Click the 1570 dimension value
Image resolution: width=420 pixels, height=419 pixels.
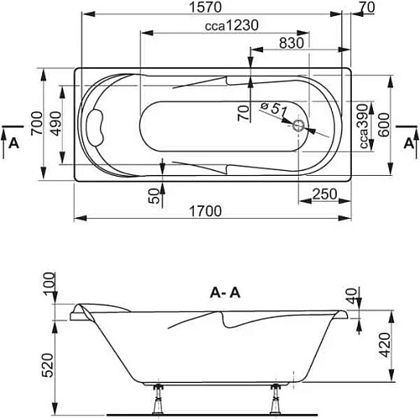coord(206,8)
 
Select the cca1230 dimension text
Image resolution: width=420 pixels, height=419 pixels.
coord(232,26)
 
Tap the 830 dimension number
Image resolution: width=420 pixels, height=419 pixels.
coord(291,43)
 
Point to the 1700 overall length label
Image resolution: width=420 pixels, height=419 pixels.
coord(206,211)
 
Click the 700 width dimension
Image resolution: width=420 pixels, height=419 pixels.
coord(37,124)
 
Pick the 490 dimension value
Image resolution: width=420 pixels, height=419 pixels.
coord(55,124)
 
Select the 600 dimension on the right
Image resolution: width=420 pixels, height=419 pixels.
coord(384,125)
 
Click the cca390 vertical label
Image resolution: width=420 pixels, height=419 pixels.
coord(364,126)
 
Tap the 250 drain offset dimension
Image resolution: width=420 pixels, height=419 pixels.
coord(324,194)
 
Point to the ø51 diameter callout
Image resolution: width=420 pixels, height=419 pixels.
coord(274,109)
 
